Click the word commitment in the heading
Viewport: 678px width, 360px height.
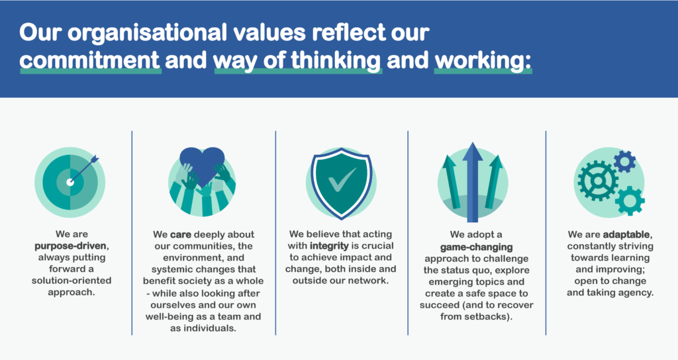pos(90,60)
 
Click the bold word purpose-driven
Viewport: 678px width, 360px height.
pos(70,246)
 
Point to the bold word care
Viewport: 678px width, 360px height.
pos(181,235)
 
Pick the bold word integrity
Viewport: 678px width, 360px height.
pos(329,246)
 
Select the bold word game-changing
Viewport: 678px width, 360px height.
pos(477,247)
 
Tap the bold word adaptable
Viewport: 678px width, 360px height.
pos(626,235)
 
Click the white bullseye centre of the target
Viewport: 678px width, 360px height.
pos(70,183)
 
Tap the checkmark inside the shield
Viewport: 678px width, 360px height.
pos(342,179)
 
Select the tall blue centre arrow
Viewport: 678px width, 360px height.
pos(472,181)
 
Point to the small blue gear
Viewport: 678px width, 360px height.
pos(625,161)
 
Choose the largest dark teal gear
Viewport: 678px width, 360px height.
pos(598,181)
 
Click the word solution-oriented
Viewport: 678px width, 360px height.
pos(72,281)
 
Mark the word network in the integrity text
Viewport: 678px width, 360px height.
pos(369,281)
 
